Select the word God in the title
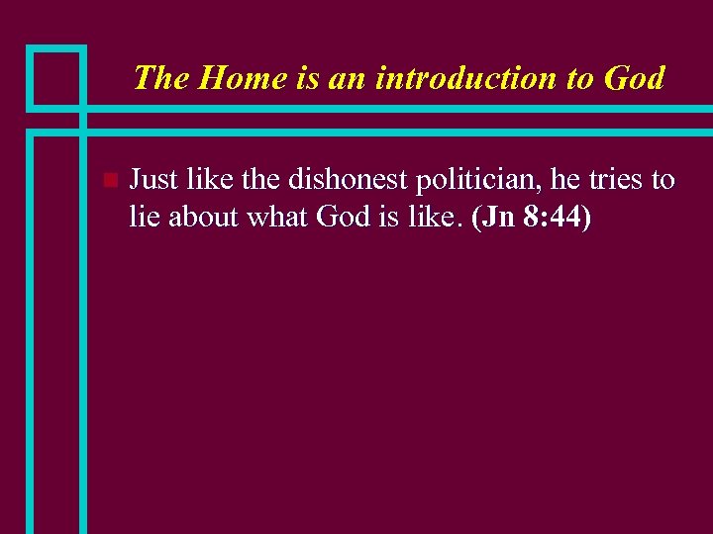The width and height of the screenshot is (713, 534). pyautogui.click(x=632, y=77)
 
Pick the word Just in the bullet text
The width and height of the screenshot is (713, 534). pyautogui.click(x=152, y=180)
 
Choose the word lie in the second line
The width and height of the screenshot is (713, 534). pyautogui.click(x=145, y=218)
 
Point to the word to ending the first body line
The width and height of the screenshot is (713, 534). pyautogui.click(x=662, y=180)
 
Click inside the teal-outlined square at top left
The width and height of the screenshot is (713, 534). pyautogui.click(x=55, y=76)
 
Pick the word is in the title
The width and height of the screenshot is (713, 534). pyautogui.click(x=306, y=77)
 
